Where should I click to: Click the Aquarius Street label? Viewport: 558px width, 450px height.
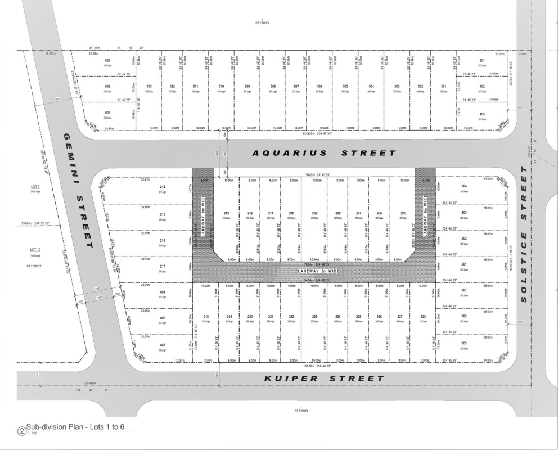pyautogui.click(x=323, y=153)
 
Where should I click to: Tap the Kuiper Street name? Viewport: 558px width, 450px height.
pyautogui.click(x=325, y=379)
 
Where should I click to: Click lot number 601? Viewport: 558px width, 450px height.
pyautogui.click(x=107, y=60)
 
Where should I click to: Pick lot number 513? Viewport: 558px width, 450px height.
pyautogui.click(x=149, y=86)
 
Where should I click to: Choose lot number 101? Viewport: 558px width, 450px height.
pyautogui.click(x=482, y=60)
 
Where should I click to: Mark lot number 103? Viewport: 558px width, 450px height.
pyautogui.click(x=482, y=114)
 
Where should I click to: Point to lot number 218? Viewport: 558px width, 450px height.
pyautogui.click(x=206, y=317)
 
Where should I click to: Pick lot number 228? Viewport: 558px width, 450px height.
pyautogui.click(x=423, y=317)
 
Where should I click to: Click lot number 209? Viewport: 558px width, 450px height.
pyautogui.click(x=315, y=213)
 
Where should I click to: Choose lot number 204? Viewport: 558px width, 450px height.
pyautogui.click(x=464, y=186)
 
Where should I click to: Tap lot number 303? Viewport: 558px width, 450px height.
pyautogui.click(x=464, y=343)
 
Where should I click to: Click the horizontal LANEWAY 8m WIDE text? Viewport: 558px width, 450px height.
pyautogui.click(x=318, y=271)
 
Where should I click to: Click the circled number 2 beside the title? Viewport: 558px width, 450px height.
pyautogui.click(x=22, y=432)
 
